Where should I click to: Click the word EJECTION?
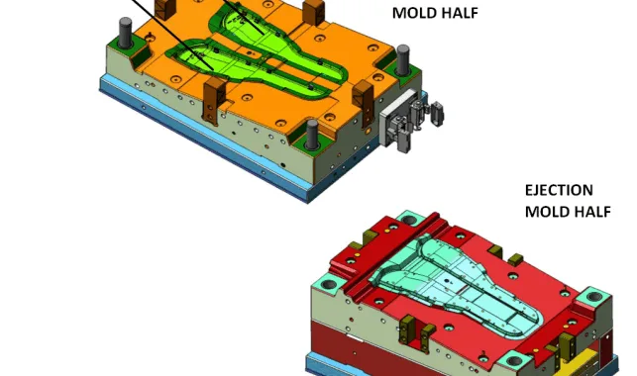[x=559, y=190]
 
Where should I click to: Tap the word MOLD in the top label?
[x=411, y=13]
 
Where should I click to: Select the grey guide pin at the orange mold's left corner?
[x=125, y=33]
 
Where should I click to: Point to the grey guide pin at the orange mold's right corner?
[x=402, y=59]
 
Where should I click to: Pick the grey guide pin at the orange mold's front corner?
[x=312, y=135]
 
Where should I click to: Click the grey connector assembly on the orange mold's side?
[x=410, y=119]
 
